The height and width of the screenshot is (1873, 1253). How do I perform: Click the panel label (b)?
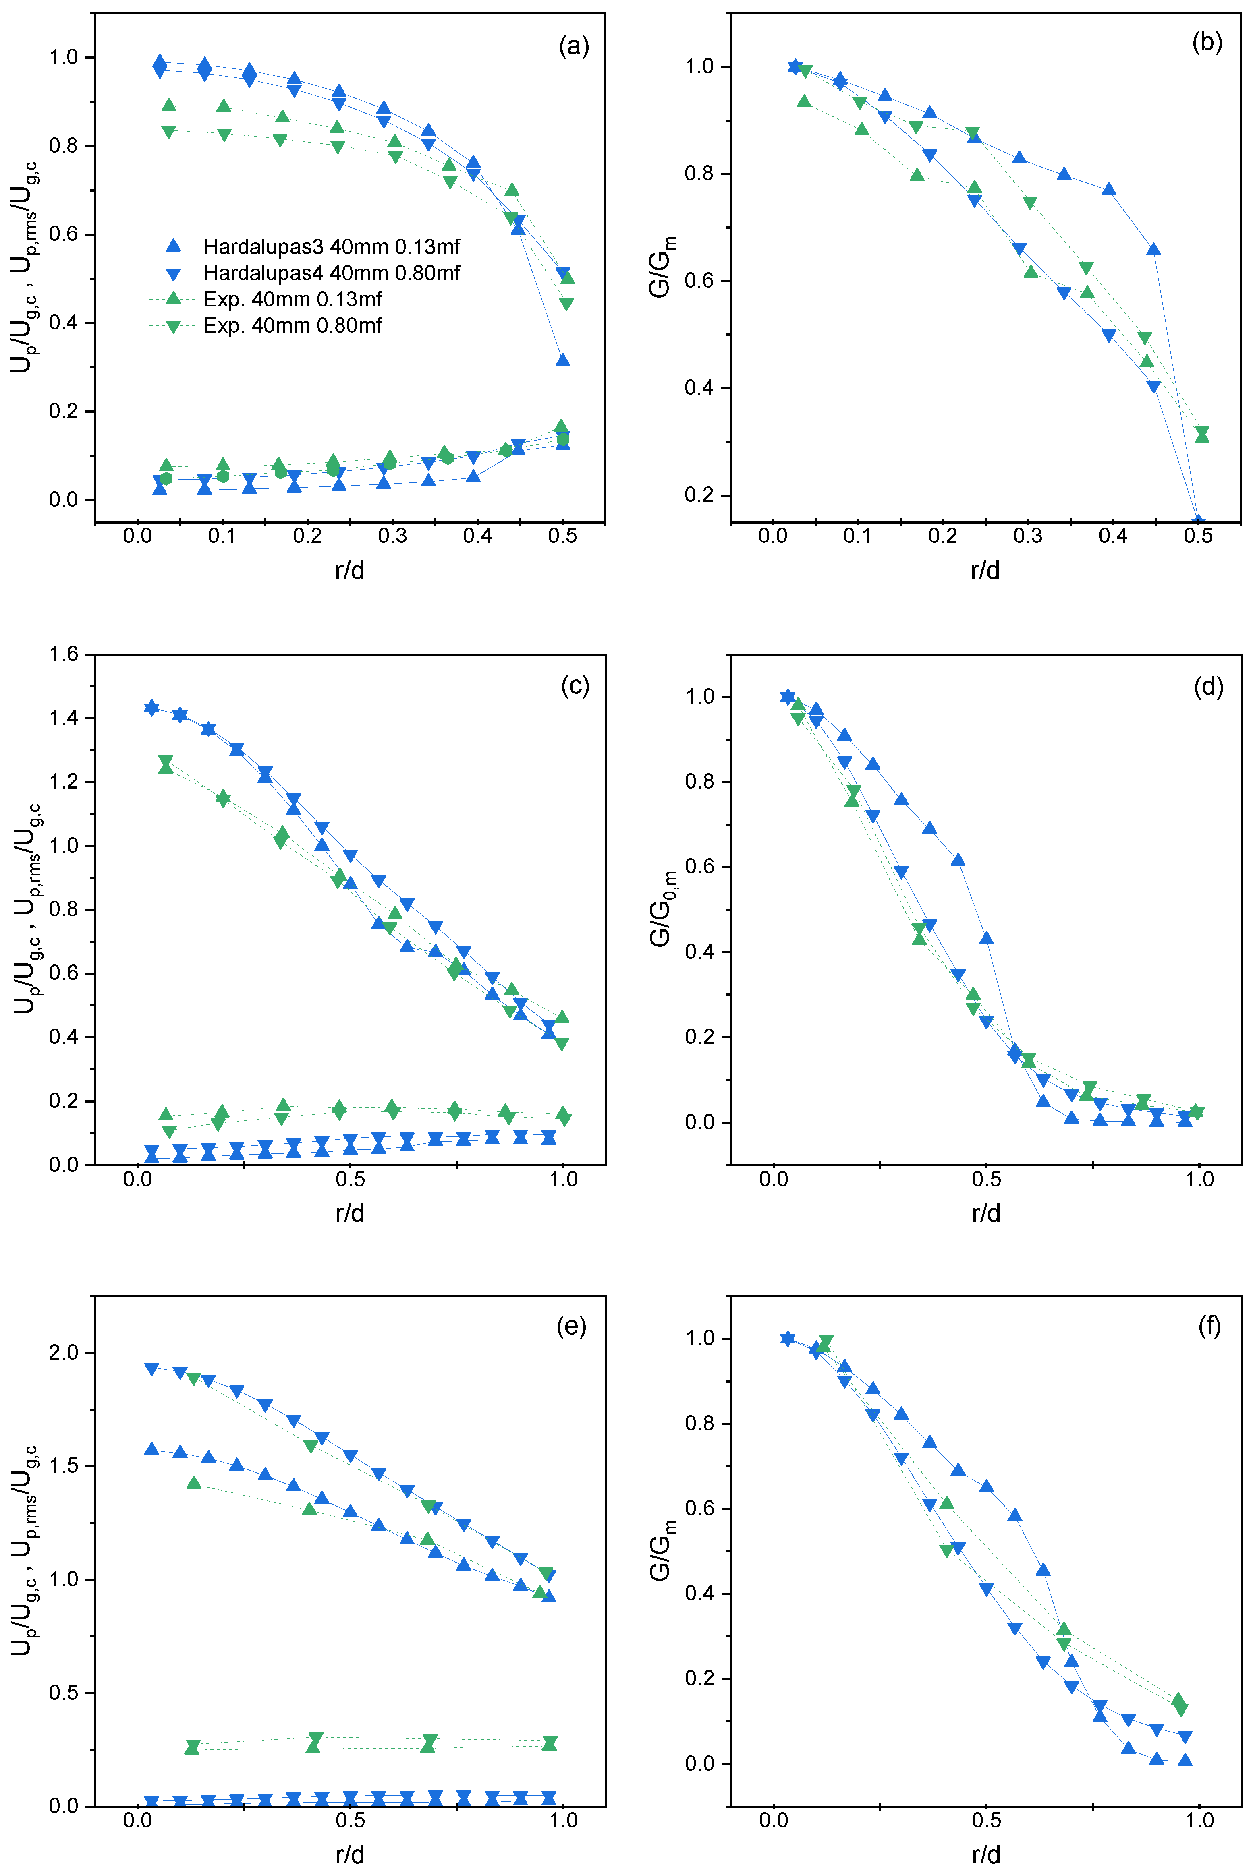pos(1207,42)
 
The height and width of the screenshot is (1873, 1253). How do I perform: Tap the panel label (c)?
pos(575,685)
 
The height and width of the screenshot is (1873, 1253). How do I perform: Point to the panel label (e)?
pos(571,1327)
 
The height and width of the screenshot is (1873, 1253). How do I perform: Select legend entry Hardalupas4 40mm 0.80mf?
pos(331,273)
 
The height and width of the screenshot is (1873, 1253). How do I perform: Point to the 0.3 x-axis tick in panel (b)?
pos(1028,536)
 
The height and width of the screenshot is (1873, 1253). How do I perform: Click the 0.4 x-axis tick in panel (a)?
pos(477,536)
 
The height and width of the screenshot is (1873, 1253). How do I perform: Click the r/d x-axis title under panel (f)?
pos(986,1854)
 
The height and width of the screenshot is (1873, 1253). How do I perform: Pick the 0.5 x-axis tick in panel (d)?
pos(986,1179)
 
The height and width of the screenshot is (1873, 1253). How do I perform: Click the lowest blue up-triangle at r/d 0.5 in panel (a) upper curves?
pos(562,360)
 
